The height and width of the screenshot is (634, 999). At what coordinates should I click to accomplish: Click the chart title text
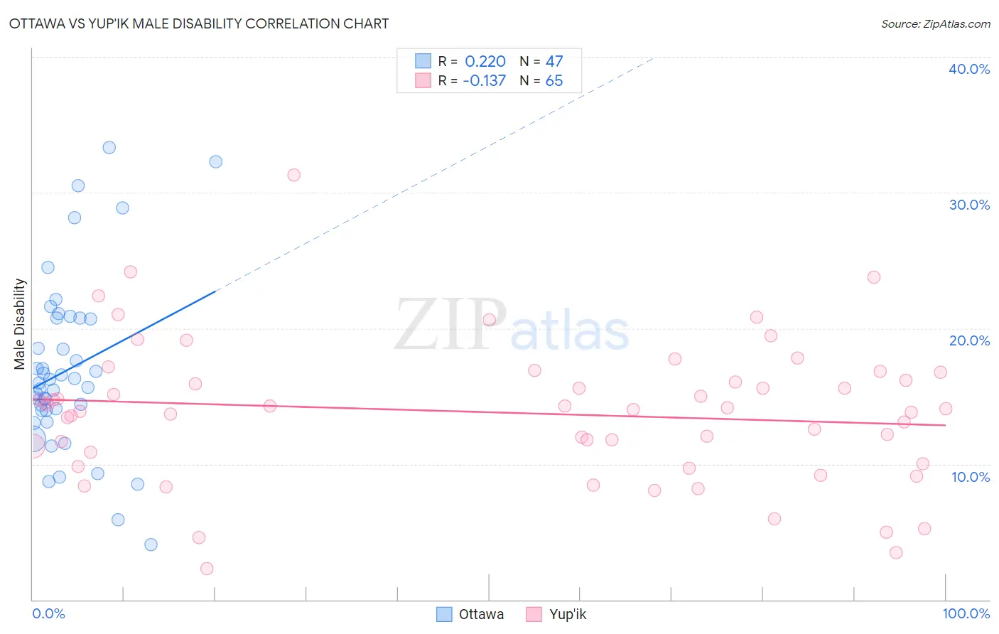pyautogui.click(x=199, y=23)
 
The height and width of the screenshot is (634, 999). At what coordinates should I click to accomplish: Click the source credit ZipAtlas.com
pyautogui.click(x=935, y=23)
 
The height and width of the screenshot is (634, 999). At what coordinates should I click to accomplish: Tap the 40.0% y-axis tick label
pyautogui.click(x=969, y=69)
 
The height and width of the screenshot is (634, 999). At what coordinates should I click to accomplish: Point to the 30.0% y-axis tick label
pyautogui.click(x=969, y=205)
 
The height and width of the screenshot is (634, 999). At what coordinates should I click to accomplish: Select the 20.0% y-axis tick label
pyautogui.click(x=969, y=340)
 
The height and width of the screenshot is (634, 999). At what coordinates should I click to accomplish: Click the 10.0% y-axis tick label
pyautogui.click(x=971, y=477)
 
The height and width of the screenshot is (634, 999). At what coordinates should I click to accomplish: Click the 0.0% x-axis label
pyautogui.click(x=48, y=613)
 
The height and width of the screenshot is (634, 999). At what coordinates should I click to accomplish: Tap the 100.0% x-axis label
pyautogui.click(x=966, y=613)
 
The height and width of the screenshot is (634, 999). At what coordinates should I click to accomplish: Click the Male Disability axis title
pyautogui.click(x=19, y=324)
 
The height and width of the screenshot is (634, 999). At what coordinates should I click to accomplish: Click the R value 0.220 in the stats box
pyautogui.click(x=485, y=61)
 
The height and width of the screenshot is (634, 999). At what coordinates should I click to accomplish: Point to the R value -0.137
pyautogui.click(x=484, y=80)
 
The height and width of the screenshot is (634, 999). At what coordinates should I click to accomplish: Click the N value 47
pyautogui.click(x=554, y=61)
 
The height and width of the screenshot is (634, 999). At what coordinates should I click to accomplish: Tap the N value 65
pyautogui.click(x=554, y=80)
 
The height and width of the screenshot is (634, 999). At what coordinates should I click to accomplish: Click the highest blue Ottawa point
pyautogui.click(x=109, y=148)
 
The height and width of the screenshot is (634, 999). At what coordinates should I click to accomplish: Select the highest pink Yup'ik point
pyautogui.click(x=293, y=175)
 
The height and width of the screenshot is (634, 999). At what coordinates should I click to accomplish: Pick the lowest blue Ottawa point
pyautogui.click(x=151, y=544)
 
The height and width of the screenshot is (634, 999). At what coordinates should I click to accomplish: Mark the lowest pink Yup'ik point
pyautogui.click(x=207, y=568)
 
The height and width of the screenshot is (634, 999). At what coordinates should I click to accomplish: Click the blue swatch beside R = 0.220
pyautogui.click(x=423, y=61)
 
